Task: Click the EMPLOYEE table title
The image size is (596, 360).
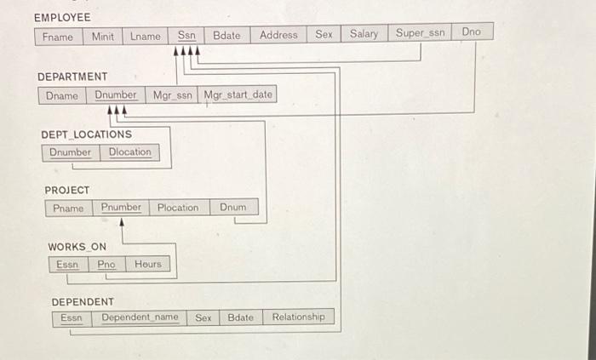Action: [61, 17]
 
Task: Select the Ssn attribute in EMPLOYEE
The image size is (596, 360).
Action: [186, 35]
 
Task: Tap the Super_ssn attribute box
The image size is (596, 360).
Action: [420, 33]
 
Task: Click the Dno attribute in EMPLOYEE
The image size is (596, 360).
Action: [471, 32]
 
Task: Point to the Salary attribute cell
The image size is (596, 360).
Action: [364, 34]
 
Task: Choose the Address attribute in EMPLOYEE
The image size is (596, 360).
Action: [278, 35]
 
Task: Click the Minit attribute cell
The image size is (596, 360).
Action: [102, 37]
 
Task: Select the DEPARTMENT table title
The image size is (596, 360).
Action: [72, 77]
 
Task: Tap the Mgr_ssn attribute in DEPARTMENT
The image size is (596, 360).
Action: [173, 95]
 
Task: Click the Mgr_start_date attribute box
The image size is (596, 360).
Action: [238, 94]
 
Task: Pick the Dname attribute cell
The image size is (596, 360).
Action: [61, 96]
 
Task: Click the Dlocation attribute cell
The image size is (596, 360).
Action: [129, 152]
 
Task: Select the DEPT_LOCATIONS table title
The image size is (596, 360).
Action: [86, 134]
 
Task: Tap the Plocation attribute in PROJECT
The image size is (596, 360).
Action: [177, 208]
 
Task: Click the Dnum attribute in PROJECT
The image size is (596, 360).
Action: [232, 207]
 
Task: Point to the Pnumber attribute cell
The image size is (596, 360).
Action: [121, 208]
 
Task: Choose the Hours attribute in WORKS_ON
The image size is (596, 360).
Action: [147, 264]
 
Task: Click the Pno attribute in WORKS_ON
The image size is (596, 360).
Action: [106, 265]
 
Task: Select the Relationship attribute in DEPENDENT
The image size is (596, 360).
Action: [298, 317]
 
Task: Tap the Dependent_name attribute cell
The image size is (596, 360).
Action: [140, 318]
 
